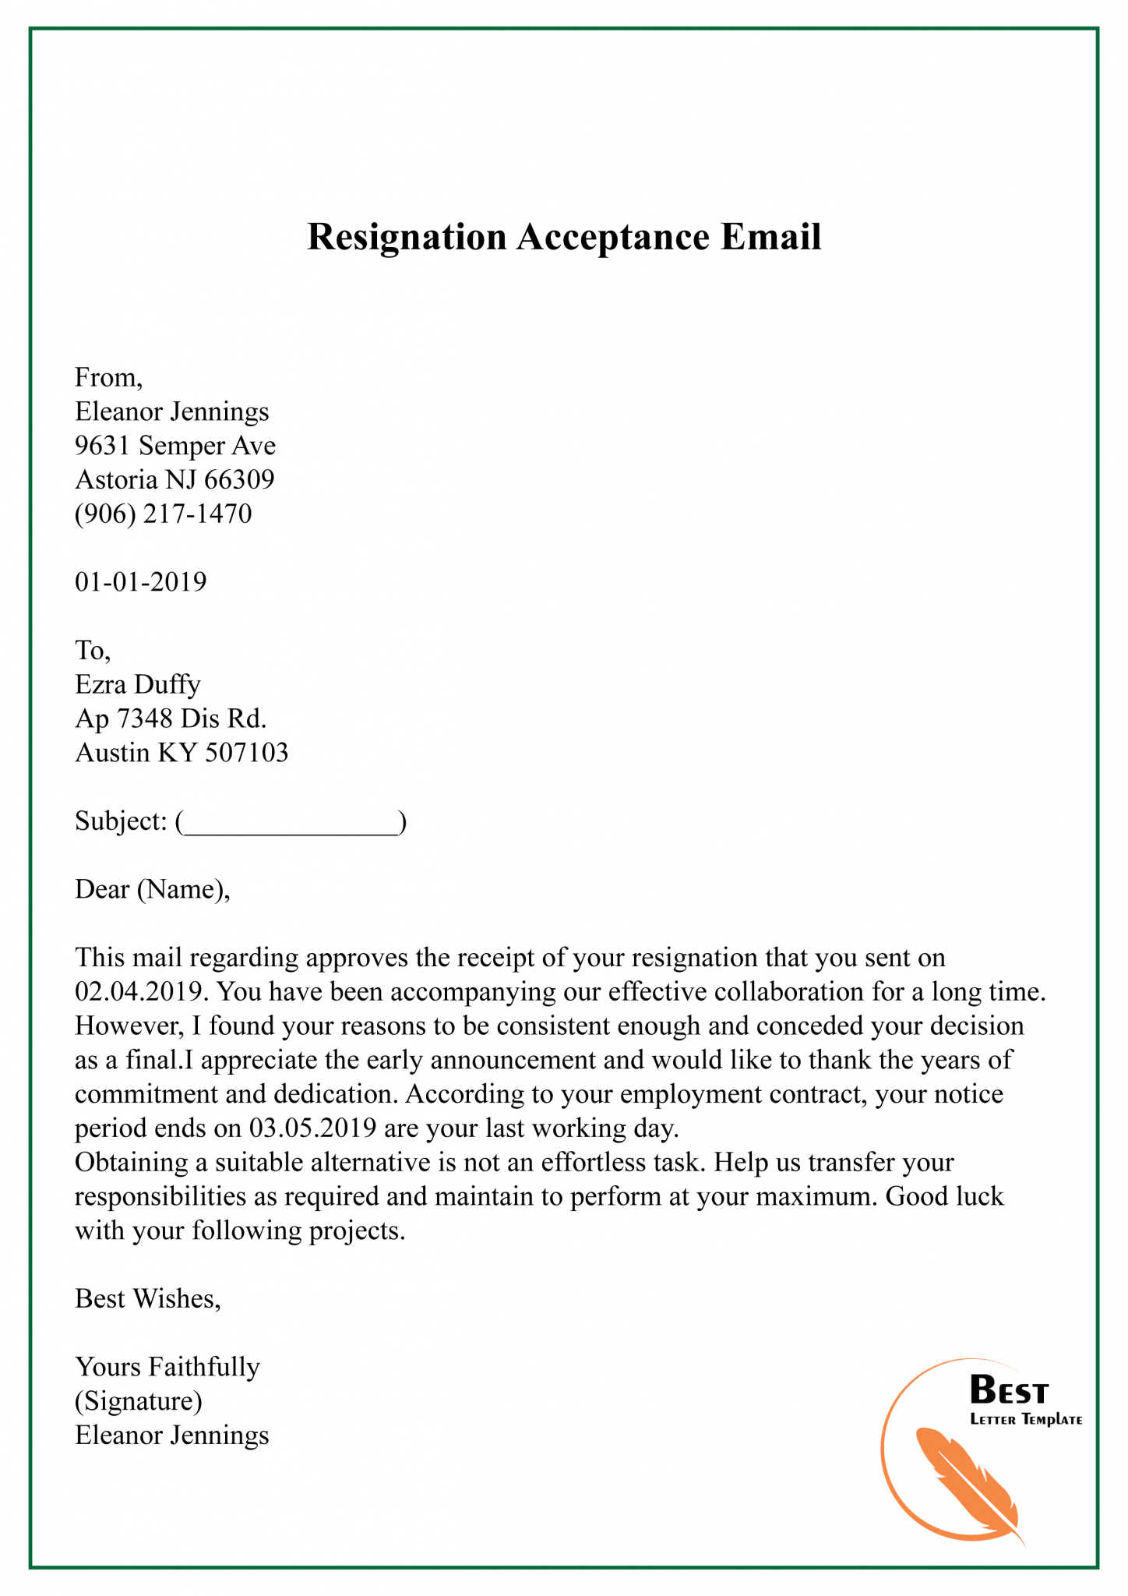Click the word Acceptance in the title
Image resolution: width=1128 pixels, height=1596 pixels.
[x=612, y=238]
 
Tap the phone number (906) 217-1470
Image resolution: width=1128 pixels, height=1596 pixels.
[x=164, y=514]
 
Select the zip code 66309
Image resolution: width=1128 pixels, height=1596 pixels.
[x=239, y=479]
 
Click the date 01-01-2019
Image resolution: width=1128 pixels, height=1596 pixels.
[x=140, y=582]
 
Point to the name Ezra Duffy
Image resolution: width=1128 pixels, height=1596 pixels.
[x=138, y=684]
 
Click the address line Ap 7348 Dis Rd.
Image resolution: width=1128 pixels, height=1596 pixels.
[x=171, y=719]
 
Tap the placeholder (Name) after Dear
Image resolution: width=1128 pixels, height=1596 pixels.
[x=180, y=889]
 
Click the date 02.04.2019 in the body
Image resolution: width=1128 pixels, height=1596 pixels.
[x=140, y=992]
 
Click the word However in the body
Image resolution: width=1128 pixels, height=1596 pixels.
[x=127, y=1026]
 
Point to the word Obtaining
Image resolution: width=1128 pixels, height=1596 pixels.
[x=131, y=1163]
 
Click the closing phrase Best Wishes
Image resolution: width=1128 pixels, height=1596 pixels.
[x=146, y=1298]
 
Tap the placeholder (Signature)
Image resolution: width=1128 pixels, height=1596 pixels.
[x=139, y=1401]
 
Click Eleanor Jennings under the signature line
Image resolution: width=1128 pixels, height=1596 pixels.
[x=171, y=1435]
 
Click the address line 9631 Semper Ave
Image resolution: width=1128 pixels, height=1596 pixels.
[x=175, y=446]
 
